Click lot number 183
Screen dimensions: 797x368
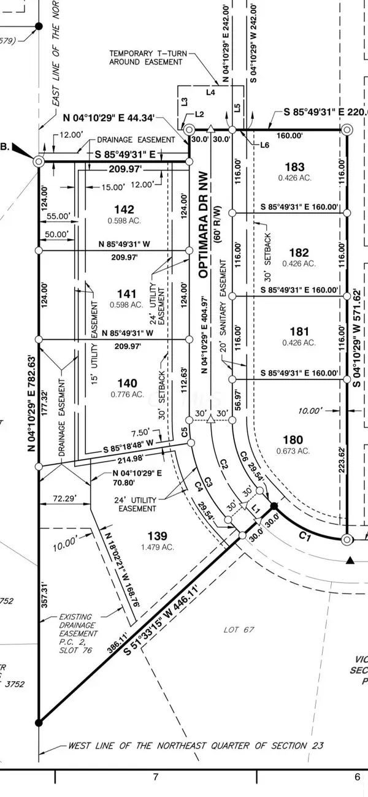pos(295,167)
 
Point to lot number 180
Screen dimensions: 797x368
pos(295,439)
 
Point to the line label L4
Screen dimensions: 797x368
pos(210,93)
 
